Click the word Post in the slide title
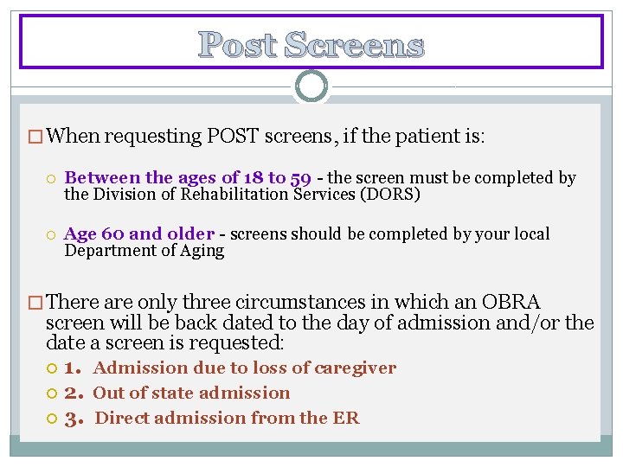click(x=237, y=44)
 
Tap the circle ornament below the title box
click(x=311, y=86)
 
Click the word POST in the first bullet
click(x=234, y=136)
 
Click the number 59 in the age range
click(x=301, y=178)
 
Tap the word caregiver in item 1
click(x=355, y=368)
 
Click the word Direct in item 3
click(x=121, y=418)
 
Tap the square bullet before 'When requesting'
click(x=35, y=137)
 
